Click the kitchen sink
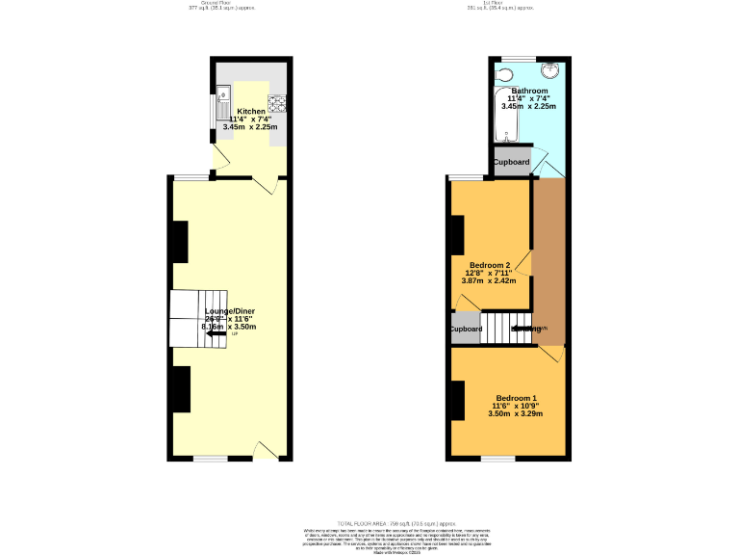(223, 96)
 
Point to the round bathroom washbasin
(550, 70)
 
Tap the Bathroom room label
(529, 92)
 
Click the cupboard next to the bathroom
(511, 162)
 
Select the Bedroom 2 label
(490, 265)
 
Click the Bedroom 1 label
(516, 398)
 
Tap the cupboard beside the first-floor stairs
(466, 329)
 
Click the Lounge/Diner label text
(230, 311)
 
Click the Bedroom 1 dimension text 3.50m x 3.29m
(516, 414)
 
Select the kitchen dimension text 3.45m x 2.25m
(250, 126)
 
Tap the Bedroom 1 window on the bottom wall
(498, 459)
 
